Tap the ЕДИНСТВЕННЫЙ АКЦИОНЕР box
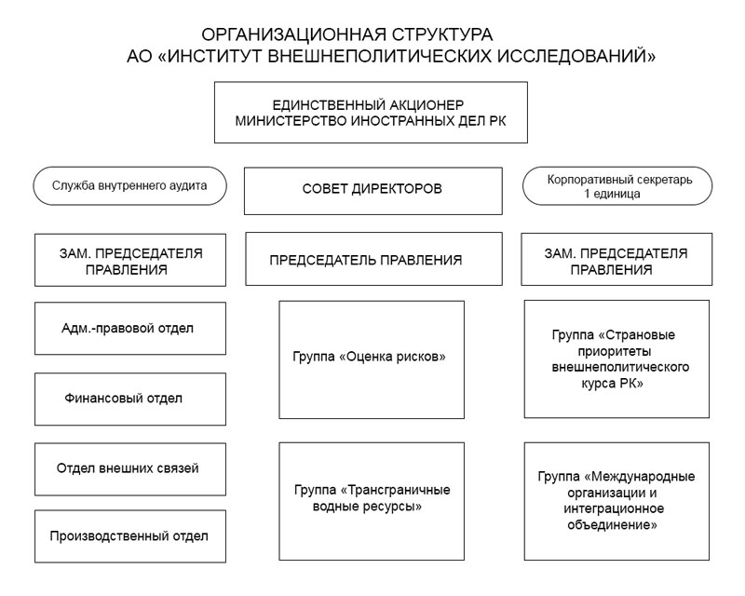coord(371,112)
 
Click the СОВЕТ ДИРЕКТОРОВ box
coord(373,191)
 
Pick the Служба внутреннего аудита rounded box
coord(129,186)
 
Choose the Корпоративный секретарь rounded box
coord(617,186)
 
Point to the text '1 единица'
coord(612,194)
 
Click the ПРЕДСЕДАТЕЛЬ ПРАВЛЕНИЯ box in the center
coord(374,259)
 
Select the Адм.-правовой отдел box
coord(130,329)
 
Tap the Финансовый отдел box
coord(130,400)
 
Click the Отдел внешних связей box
coord(130,469)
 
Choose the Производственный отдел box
coord(130,536)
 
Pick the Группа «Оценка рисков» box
coord(372,359)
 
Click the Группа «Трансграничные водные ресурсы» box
coord(372,501)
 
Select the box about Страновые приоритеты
coord(616,359)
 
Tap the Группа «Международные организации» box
coord(616,501)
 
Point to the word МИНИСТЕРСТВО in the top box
coord(291,121)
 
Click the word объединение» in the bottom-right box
coord(613,524)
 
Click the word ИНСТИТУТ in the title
coord(215,56)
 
